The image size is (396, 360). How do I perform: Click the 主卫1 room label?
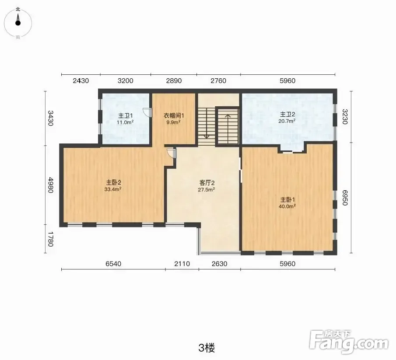click(126, 116)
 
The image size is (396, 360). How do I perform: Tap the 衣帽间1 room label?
click(174, 115)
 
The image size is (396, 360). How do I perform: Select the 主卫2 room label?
click(287, 114)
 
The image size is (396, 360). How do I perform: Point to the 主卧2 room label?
click(113, 182)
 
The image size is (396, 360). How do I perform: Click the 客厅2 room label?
click(207, 183)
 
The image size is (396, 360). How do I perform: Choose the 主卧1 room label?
click(287, 200)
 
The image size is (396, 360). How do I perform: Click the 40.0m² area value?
click(287, 206)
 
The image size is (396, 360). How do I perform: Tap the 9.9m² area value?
click(173, 122)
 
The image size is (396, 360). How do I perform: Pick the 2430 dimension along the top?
click(81, 81)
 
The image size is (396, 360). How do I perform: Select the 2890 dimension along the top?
click(174, 81)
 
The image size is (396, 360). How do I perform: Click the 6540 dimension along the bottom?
click(113, 264)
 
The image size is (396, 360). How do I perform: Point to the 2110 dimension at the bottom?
click(182, 264)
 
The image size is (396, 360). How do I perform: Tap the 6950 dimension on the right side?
click(345, 198)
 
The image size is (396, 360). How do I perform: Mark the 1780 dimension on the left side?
click(50, 239)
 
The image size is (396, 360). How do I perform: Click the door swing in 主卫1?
click(147, 112)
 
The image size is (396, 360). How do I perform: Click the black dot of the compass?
click(18, 23)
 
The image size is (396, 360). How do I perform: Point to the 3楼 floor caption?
click(207, 348)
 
